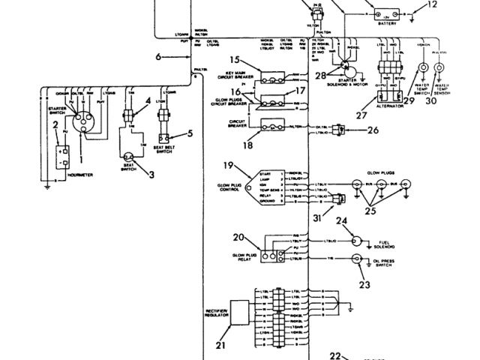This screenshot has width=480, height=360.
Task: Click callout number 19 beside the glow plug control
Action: [x=229, y=166]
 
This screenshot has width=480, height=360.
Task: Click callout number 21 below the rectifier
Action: [x=220, y=346]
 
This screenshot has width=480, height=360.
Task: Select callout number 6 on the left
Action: [x=159, y=56]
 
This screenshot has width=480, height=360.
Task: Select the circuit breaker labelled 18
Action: [x=274, y=128]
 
